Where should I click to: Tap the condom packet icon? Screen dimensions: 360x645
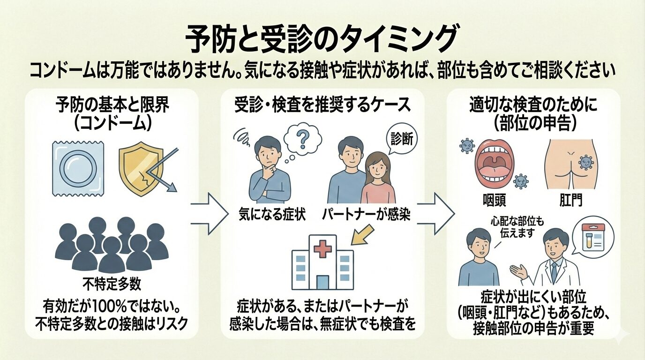(x=78, y=168)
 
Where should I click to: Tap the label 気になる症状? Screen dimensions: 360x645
(x=271, y=215)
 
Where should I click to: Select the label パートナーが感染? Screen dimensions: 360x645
(x=366, y=215)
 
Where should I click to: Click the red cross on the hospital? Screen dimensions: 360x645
(x=322, y=249)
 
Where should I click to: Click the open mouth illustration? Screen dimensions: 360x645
(x=495, y=162)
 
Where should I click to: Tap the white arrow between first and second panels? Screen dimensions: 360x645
(x=207, y=214)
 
